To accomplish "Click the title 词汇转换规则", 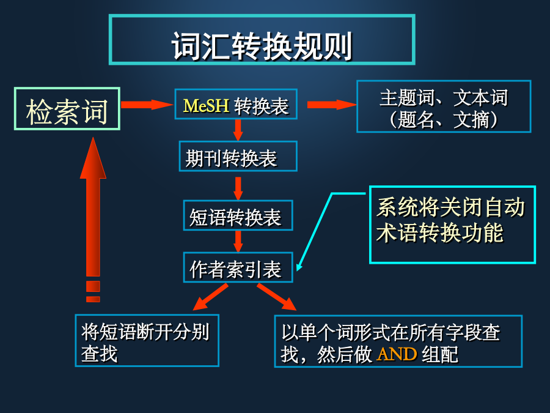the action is pos(262,46).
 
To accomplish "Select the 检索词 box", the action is pos(67,109).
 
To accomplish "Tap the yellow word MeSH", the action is pos(206,105).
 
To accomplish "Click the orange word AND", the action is pos(397,354).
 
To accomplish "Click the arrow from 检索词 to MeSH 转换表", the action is pos(147,105).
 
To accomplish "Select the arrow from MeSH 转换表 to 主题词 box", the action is pos(332,105).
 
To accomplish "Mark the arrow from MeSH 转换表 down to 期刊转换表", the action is pos(238,130).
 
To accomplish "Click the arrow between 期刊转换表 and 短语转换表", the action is pos(238,188).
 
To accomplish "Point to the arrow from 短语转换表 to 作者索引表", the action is pos(238,241).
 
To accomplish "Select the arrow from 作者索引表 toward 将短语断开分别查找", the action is pos(210,297).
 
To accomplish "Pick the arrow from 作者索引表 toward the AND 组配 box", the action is pos(277,297).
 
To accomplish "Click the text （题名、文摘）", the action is pos(444,120).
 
